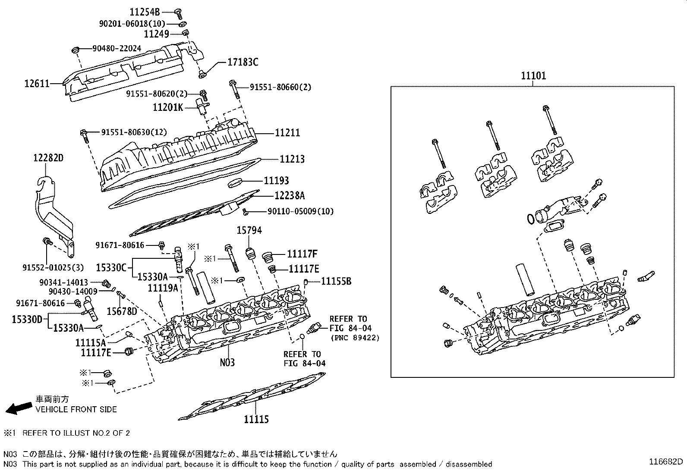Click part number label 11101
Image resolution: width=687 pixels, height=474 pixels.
[x=533, y=76]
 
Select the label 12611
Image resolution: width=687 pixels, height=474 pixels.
[x=37, y=83]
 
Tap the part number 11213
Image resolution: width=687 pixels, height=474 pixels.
[x=292, y=159]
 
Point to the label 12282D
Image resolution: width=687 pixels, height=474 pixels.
[x=48, y=158]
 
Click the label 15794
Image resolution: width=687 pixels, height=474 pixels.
[x=249, y=231]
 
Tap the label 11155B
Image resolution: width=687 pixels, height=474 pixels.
[x=336, y=282]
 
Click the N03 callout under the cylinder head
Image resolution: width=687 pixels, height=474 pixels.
[x=227, y=362]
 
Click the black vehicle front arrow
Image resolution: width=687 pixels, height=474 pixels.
[x=19, y=408]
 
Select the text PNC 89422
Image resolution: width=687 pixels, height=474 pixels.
[x=355, y=338]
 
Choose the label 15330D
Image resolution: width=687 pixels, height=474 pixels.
[x=27, y=319]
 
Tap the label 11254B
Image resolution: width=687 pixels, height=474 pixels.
[x=145, y=12]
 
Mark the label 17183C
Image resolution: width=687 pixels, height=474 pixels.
[x=243, y=63]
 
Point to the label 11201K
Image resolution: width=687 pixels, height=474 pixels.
[x=168, y=107]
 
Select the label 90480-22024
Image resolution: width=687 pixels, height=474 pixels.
[x=117, y=49]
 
